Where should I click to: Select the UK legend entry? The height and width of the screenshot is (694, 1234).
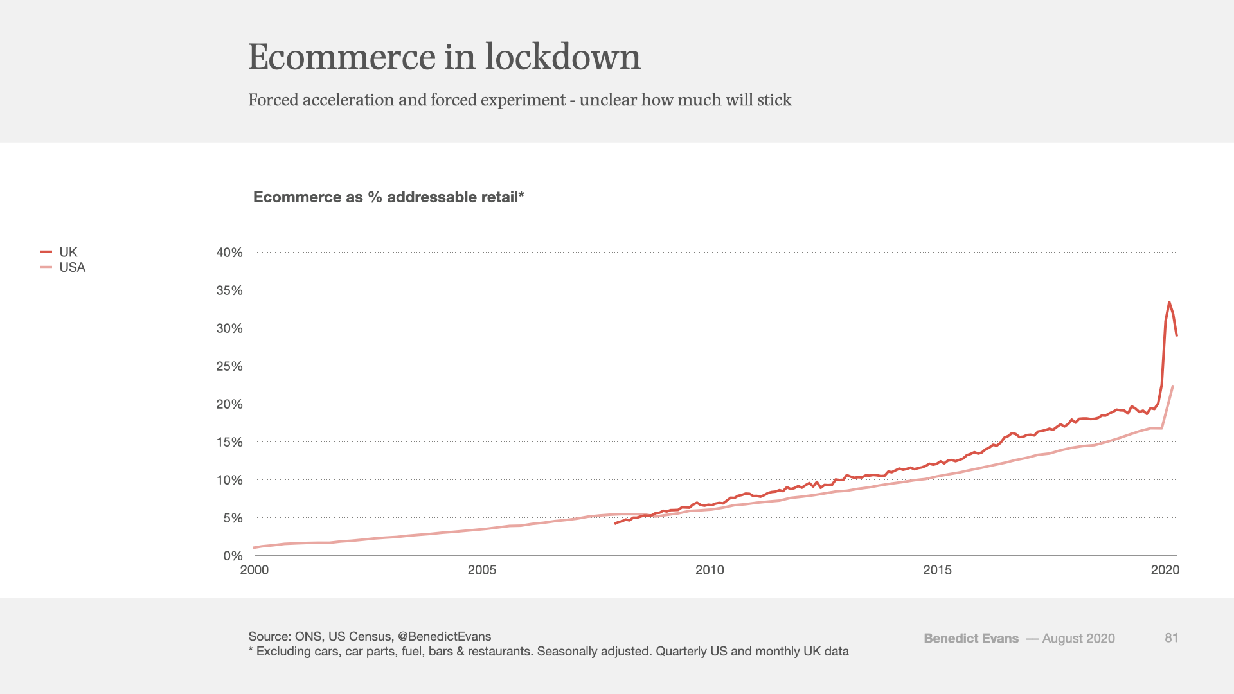[x=67, y=252]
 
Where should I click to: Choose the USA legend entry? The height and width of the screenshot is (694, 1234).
[x=71, y=267]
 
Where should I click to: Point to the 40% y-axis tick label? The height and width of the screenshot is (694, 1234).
[x=229, y=253]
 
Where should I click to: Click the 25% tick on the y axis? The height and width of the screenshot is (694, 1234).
[x=229, y=366]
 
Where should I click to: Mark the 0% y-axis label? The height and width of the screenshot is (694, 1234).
[x=233, y=556]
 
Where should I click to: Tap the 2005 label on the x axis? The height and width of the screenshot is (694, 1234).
[x=481, y=570]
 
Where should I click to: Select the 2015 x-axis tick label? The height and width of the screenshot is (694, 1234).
[x=937, y=570]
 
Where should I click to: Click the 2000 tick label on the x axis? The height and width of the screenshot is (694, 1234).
[x=255, y=570]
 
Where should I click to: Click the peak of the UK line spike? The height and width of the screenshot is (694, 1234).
[x=1169, y=302]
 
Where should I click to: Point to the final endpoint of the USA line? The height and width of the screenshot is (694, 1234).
[x=1173, y=386]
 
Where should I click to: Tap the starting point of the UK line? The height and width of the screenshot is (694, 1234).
[x=615, y=524]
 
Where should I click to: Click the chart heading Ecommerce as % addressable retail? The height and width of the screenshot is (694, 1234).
[x=388, y=197]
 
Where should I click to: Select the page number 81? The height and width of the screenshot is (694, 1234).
[x=1171, y=637]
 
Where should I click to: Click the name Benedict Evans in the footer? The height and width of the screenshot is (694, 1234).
[x=970, y=638]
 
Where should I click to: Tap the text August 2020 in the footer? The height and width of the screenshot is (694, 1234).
[x=1078, y=638]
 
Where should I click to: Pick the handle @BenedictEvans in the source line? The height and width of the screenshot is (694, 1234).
[x=444, y=636]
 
